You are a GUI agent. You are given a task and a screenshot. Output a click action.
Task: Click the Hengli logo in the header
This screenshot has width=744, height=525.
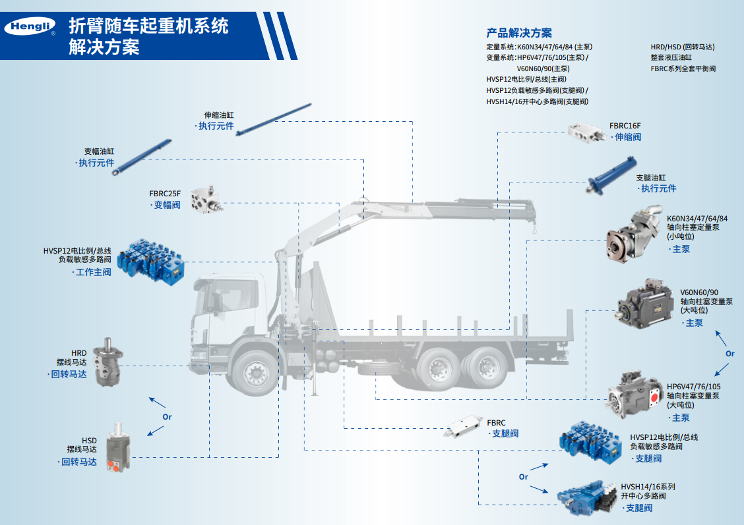[30, 26]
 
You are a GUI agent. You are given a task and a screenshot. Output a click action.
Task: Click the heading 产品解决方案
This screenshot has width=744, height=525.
[519, 33]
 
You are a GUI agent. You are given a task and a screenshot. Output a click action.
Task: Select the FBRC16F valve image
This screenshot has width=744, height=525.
[587, 132]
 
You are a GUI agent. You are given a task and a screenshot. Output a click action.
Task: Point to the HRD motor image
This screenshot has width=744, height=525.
[108, 362]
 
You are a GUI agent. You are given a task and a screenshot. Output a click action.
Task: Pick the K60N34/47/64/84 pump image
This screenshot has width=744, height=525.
[635, 234]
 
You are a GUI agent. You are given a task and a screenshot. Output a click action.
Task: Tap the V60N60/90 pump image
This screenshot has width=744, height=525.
[646, 303]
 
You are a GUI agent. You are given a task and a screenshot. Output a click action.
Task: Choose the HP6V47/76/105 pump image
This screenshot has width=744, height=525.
[634, 395]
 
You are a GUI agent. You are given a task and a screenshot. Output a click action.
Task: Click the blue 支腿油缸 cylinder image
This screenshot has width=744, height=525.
[611, 177]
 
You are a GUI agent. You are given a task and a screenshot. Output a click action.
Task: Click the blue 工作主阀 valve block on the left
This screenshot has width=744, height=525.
[150, 262]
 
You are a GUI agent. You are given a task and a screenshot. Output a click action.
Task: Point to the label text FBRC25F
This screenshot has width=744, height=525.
[165, 194]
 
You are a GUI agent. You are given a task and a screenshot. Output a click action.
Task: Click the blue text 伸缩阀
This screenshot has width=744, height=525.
[628, 138]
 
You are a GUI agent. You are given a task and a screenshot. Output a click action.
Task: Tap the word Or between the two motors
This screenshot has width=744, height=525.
[167, 417]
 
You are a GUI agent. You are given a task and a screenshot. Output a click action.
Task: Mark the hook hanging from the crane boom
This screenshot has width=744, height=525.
[534, 229]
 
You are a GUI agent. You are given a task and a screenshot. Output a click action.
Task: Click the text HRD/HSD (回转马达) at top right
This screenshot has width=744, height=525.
[682, 47]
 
